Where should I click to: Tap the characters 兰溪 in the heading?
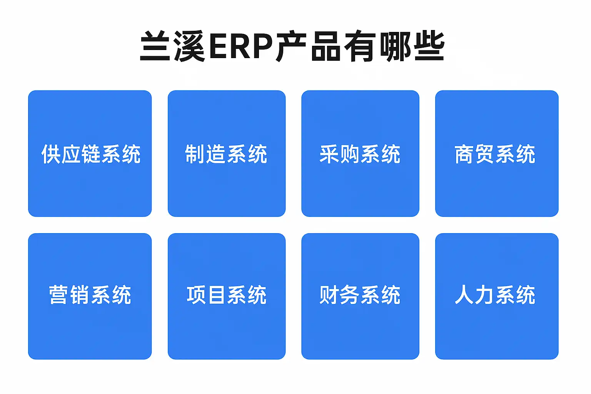(x=172, y=46)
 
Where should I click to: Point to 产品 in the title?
(x=308, y=46)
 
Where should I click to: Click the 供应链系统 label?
(x=91, y=154)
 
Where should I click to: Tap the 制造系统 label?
(x=226, y=154)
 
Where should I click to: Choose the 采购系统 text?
(x=360, y=154)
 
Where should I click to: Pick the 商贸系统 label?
(x=495, y=154)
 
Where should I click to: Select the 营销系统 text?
(x=90, y=295)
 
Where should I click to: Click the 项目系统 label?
(x=227, y=295)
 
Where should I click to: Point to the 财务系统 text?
(x=360, y=295)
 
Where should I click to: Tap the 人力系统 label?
(x=495, y=295)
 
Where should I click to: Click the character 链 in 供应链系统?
(x=91, y=154)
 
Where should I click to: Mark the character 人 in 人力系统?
(x=464, y=295)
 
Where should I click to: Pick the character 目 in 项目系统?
(x=217, y=295)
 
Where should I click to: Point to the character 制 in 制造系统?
(x=194, y=154)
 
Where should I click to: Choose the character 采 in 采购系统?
(x=329, y=154)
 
